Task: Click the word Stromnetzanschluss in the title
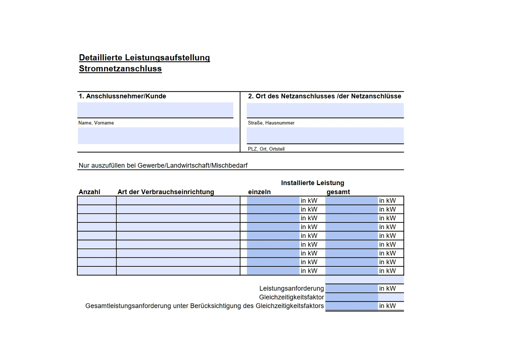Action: tap(120, 69)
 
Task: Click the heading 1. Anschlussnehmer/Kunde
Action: tap(122, 96)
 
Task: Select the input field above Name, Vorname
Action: tap(155, 110)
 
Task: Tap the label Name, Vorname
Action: tap(96, 123)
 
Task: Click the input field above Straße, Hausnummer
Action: tap(325, 110)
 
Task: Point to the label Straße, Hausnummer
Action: tap(271, 123)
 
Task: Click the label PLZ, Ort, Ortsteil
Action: tap(266, 149)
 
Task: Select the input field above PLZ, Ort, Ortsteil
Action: tap(325, 135)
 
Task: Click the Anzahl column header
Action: tap(89, 192)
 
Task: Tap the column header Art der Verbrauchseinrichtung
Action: tap(166, 192)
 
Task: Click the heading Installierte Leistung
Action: tap(312, 183)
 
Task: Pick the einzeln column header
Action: tap(259, 192)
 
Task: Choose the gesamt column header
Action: tap(338, 192)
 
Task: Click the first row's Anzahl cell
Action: tap(97, 201)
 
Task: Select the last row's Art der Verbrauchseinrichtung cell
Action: tap(178, 271)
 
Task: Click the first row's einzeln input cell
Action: tap(273, 201)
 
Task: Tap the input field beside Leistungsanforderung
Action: tap(352, 289)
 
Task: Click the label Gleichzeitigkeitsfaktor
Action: tap(291, 297)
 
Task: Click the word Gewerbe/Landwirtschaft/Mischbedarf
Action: tap(192, 165)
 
